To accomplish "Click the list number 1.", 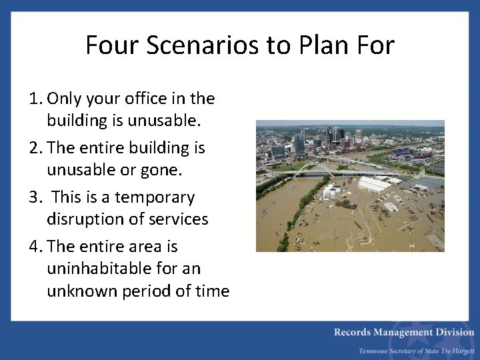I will [35, 99].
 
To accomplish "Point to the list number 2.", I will [35, 148].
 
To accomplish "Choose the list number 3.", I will [35, 197].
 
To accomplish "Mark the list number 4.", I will [35, 247].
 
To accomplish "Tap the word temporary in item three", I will [155, 197].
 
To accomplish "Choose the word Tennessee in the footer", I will [377, 351].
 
